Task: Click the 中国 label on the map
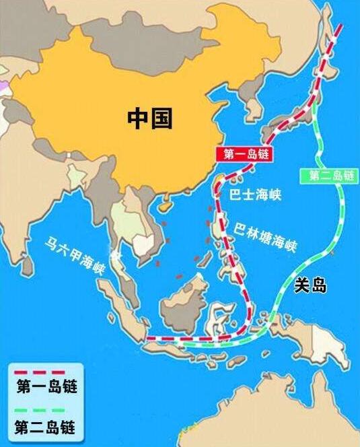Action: [150, 118]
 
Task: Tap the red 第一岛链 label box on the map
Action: [244, 153]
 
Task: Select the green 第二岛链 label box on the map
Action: [331, 176]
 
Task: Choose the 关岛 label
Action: [310, 286]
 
